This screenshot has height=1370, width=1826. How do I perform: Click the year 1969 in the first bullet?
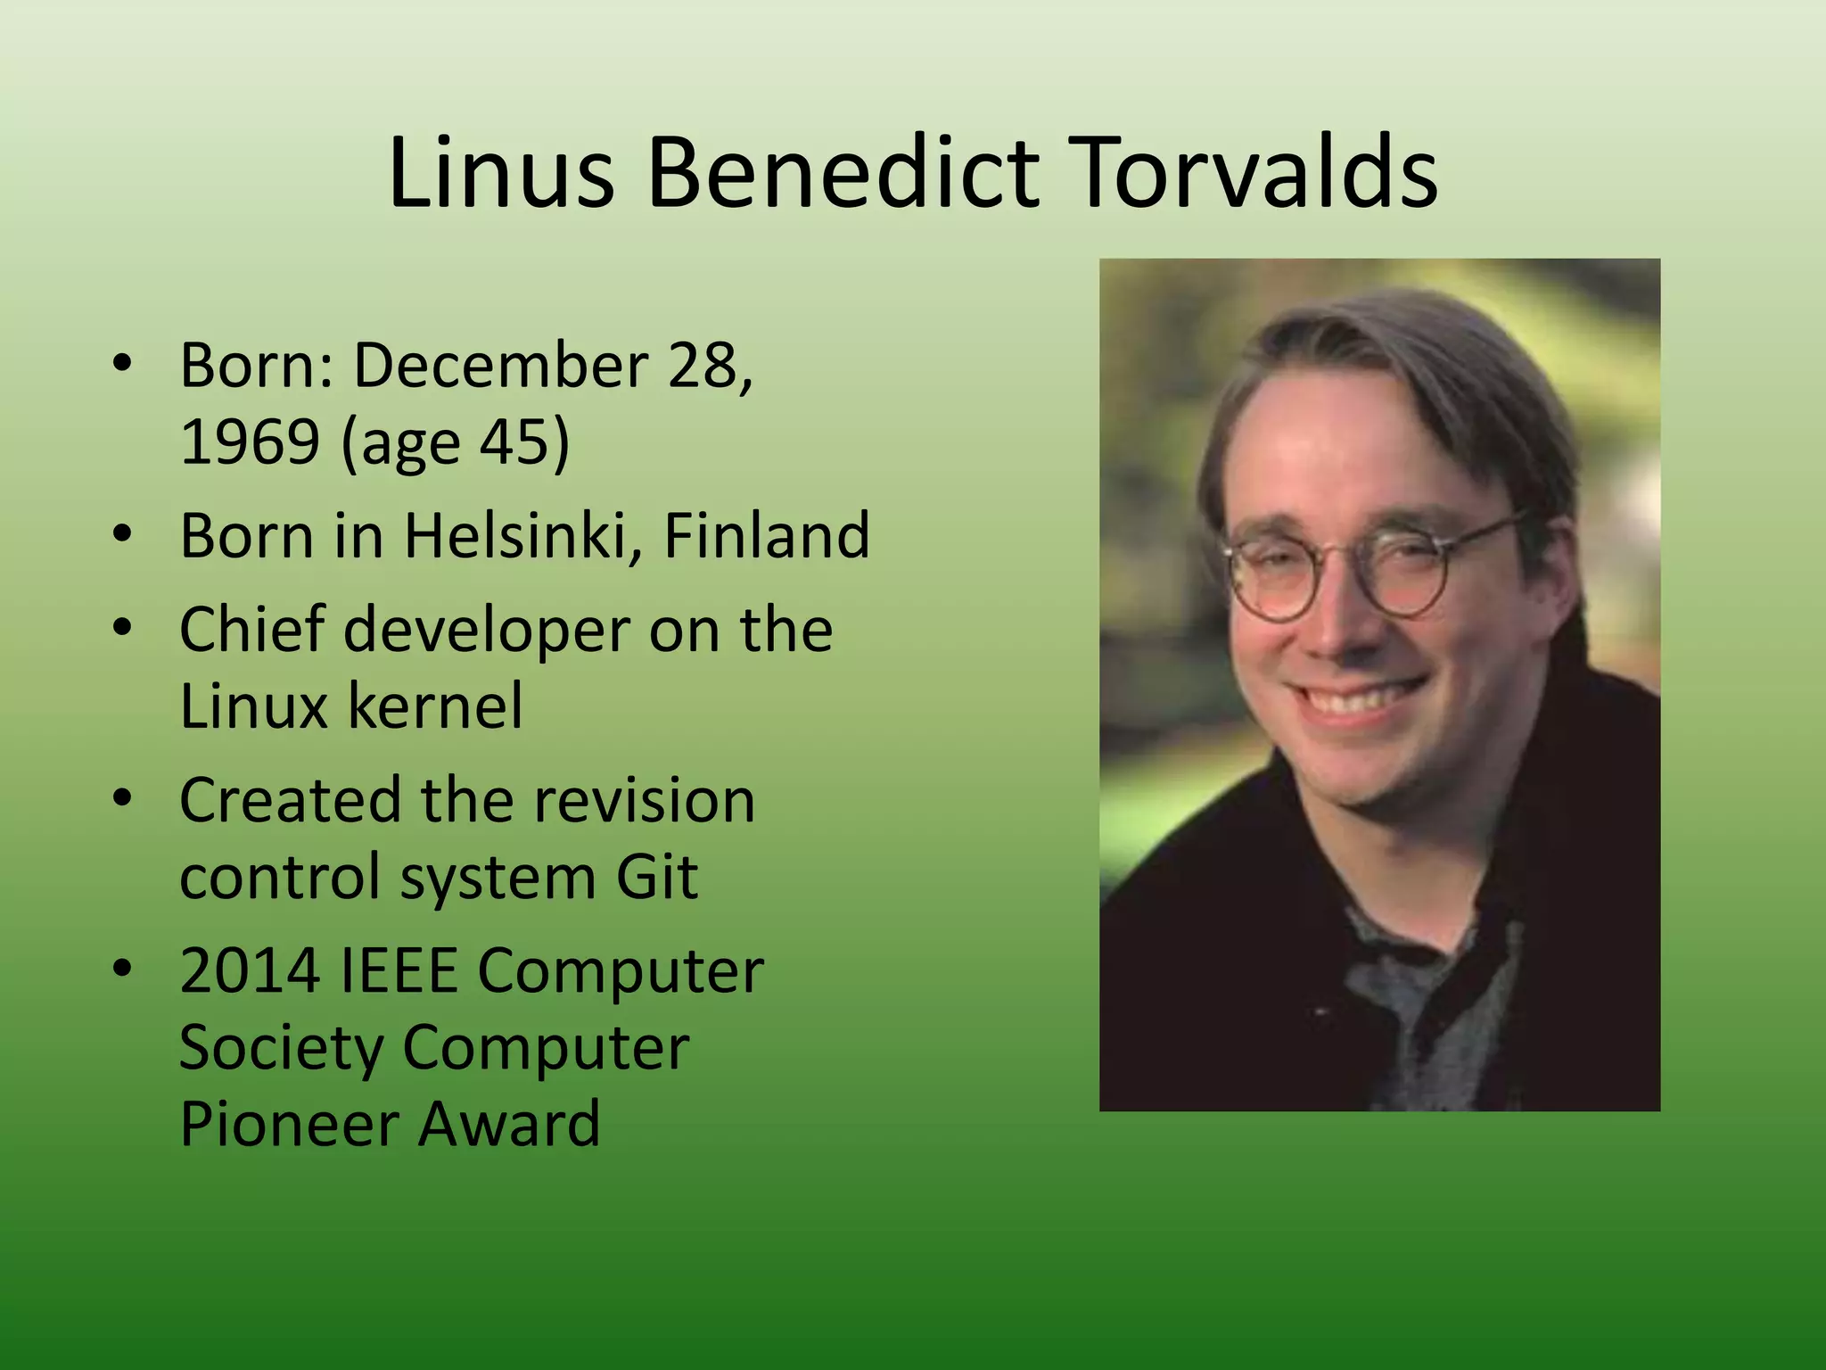coord(250,441)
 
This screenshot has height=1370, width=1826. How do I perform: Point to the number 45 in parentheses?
coord(512,441)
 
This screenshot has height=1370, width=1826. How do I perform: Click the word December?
coord(501,365)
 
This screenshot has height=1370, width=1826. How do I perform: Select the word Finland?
coord(767,535)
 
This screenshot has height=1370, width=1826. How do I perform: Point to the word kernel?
coord(435,706)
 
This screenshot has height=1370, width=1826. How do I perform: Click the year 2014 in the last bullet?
coord(250,970)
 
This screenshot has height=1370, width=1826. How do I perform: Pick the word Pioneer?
coord(290,1123)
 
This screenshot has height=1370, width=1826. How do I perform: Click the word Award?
coord(509,1123)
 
